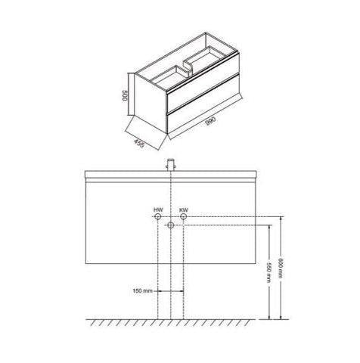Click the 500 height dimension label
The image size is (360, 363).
pos(126,95)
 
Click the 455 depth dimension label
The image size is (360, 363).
pos(139,144)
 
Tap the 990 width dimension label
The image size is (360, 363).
pos(211,121)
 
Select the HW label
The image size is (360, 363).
pos(158,209)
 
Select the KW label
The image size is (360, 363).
pos(184,209)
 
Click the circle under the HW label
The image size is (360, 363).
pos(158,216)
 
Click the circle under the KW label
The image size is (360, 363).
pos(184,216)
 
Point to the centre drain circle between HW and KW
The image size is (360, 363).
pos(171,225)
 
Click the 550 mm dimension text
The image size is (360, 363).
pos(269,272)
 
